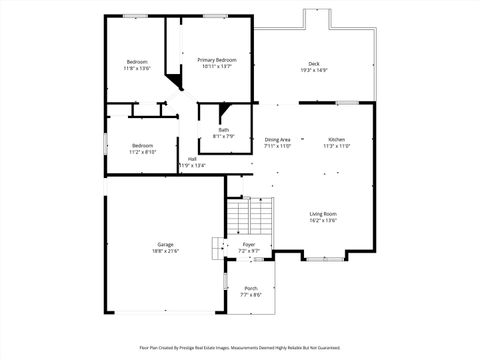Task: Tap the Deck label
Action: click(x=314, y=63)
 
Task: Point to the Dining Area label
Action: click(x=277, y=139)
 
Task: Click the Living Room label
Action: click(x=322, y=214)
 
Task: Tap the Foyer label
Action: click(x=249, y=244)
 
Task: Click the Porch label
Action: click(x=250, y=288)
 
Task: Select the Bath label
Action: click(x=224, y=129)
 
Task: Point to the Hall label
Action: click(x=191, y=158)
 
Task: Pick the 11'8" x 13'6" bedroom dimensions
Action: click(x=137, y=68)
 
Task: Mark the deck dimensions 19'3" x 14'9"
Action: click(x=314, y=70)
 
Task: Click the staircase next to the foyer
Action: click(x=250, y=215)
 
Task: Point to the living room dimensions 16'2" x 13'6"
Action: click(x=322, y=221)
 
